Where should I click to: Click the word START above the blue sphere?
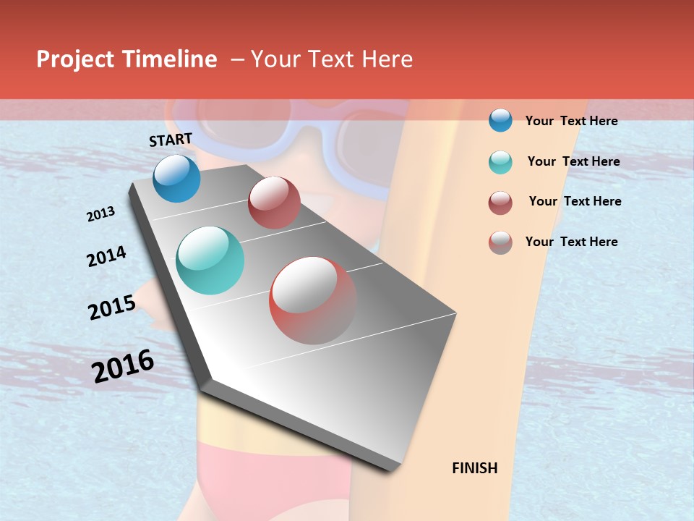(171, 140)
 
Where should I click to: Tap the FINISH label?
(475, 468)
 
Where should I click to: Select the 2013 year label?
(101, 214)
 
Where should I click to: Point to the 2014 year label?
(107, 256)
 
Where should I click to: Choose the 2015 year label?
(112, 308)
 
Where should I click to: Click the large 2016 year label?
(123, 366)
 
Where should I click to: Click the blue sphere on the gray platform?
(177, 178)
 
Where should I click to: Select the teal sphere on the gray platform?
(210, 260)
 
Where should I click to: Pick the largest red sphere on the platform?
(313, 300)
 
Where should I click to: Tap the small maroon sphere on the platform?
(274, 203)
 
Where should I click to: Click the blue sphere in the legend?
(500, 120)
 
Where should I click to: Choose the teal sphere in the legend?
(500, 162)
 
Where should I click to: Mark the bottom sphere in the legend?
(500, 242)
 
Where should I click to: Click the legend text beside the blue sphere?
(571, 121)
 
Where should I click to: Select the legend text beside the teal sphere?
(573, 161)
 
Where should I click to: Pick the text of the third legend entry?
(575, 201)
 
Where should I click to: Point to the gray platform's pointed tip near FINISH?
(394, 467)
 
